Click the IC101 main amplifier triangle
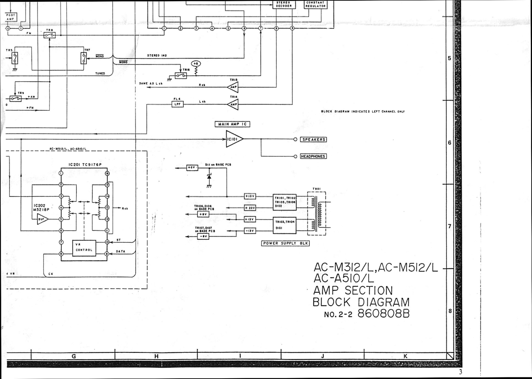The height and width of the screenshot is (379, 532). click(233, 139)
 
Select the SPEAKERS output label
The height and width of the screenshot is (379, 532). click(313, 140)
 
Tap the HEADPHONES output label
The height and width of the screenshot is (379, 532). click(313, 156)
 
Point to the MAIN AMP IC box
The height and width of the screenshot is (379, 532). click(232, 124)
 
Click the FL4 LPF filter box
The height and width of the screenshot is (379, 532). click(178, 104)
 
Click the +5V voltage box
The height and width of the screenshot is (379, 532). click(192, 168)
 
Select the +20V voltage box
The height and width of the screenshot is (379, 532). click(250, 208)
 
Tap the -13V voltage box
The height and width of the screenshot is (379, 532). click(250, 231)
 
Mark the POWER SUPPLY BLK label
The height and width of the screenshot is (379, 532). click(286, 243)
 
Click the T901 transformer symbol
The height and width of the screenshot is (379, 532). click(317, 213)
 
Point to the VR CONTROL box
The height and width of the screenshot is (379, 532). click(84, 248)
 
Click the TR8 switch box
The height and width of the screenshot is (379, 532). click(50, 35)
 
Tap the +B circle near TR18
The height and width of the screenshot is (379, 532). click(196, 64)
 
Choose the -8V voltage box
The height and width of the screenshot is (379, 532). click(203, 236)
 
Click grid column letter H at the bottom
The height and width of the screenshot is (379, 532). click(156, 356)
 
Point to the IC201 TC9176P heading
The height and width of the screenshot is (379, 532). click(85, 165)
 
